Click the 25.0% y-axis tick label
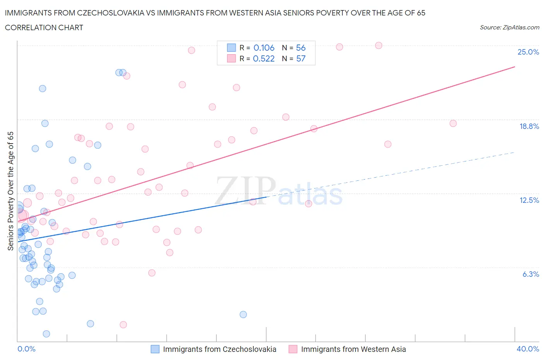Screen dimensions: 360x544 tap(528, 52)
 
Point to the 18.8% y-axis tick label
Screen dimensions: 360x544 tap(529, 126)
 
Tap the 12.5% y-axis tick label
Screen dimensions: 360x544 tap(529, 200)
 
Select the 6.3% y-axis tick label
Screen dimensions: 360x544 tap(530, 274)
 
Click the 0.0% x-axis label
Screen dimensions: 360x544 tap(26, 349)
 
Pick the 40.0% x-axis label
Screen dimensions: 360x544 tap(528, 349)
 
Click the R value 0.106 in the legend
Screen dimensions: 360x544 tap(264, 48)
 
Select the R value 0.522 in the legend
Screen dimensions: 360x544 tap(263, 58)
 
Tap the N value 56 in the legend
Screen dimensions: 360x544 tap(301, 48)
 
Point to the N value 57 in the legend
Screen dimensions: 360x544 tap(301, 58)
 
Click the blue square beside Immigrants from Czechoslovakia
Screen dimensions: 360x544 tap(155, 349)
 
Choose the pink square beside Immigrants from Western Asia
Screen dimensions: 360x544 tap(293, 349)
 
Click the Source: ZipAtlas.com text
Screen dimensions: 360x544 tap(509, 27)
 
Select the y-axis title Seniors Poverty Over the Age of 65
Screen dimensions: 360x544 tap(11, 191)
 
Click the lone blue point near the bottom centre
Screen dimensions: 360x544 tap(243, 314)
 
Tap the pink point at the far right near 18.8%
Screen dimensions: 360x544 tap(453, 123)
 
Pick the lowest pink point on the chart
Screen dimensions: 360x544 tap(123, 324)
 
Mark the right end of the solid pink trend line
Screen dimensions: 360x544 tap(515, 67)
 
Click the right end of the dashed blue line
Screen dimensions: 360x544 tap(515, 152)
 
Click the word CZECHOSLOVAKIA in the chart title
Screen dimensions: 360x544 tap(110, 13)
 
